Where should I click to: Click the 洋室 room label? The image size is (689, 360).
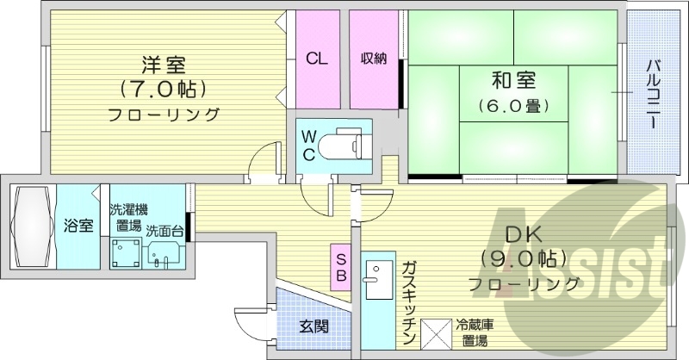coord(164,64)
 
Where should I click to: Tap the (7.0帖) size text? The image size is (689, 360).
coord(164,88)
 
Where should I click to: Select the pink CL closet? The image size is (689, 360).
coord(317,59)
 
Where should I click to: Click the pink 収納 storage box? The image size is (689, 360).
coord(373,59)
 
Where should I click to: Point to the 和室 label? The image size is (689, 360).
coord(514,82)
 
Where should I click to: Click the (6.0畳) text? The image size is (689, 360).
coord(514,107)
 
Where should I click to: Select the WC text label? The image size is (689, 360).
coord(308,144)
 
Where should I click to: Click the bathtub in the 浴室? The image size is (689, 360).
coord(29,226)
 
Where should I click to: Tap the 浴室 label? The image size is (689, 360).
coord(78,226)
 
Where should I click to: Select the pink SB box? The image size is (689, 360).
coord(340,266)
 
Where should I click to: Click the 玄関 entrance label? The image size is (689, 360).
coord(313,326)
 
